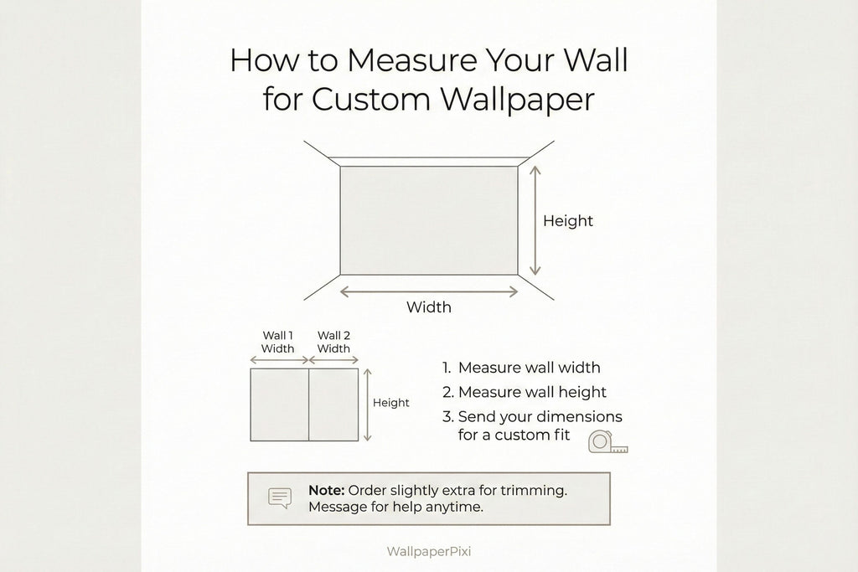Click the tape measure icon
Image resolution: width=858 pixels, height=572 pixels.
[607, 442]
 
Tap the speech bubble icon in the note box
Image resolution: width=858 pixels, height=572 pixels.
[280, 498]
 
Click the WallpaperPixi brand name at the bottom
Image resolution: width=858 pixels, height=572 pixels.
[428, 551]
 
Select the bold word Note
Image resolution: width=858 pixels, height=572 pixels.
[326, 490]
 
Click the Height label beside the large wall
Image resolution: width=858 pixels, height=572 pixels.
[568, 221]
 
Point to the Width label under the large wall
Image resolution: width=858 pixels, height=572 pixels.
[428, 307]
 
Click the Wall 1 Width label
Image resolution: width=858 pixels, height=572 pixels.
[277, 342]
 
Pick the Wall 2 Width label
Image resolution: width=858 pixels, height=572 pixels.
[333, 342]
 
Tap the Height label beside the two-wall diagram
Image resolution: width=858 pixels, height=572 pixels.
[390, 403]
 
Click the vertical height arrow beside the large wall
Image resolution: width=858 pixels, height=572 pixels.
[535, 220]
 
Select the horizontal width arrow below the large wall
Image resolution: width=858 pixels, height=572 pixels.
[428, 291]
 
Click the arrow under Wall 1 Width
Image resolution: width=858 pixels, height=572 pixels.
[280, 360]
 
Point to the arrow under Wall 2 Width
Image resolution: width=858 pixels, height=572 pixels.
[333, 360]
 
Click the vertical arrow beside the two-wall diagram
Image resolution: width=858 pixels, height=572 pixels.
[368, 405]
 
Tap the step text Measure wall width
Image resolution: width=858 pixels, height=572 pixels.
[530, 368]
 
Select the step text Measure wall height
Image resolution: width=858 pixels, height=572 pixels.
[532, 392]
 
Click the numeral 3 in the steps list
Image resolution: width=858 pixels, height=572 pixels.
[447, 417]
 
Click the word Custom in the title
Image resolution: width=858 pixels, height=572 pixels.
[371, 99]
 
